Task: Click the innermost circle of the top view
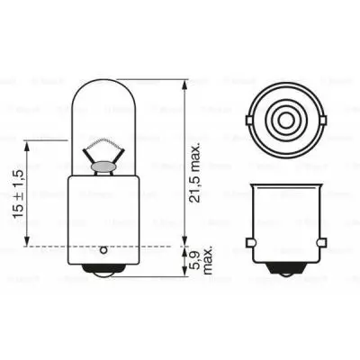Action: (283, 118)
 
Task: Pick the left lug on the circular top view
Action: (247, 118)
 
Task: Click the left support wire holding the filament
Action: (93, 153)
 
